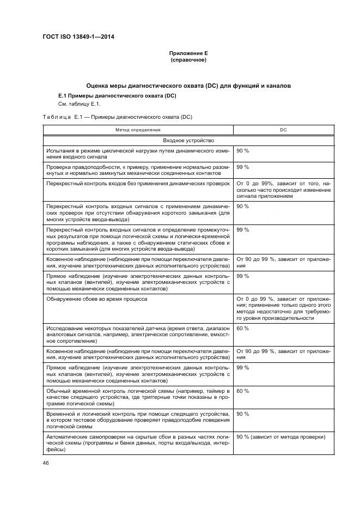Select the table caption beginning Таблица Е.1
coord(117,117)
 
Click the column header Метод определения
coord(138,130)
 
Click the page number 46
coord(46,463)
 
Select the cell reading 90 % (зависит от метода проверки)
coord(280,437)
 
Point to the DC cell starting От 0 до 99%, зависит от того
coord(283,190)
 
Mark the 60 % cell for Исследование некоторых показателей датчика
coord(243,328)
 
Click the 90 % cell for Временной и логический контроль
coord(243,414)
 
